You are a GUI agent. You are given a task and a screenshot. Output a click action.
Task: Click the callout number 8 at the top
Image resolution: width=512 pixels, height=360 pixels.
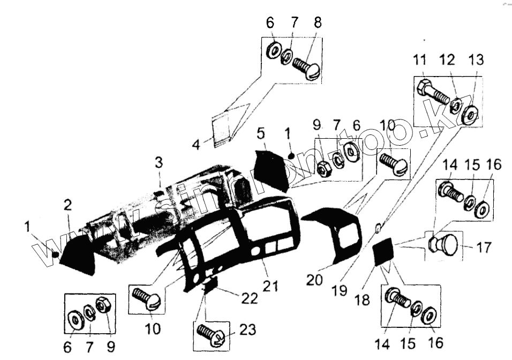click(x=318, y=23)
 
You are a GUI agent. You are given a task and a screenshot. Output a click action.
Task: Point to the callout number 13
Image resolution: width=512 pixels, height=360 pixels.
click(x=475, y=59)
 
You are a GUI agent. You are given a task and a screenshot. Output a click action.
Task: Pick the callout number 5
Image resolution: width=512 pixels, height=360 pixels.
click(x=260, y=132)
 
